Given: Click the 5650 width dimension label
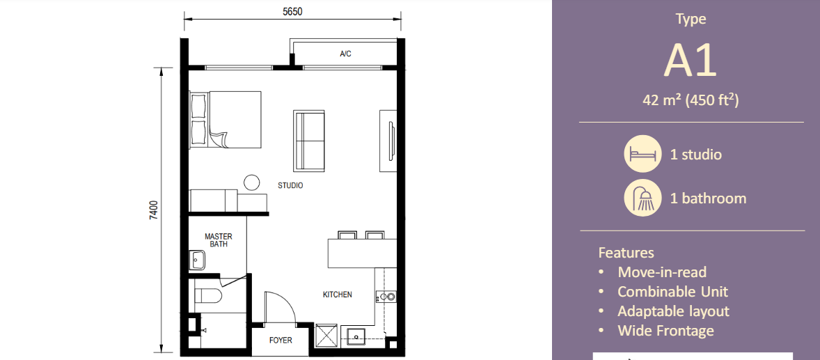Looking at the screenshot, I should point(292,11).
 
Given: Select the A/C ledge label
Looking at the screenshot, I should point(345,54).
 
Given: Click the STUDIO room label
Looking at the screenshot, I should point(290,186).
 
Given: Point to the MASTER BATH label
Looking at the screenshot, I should point(219,240).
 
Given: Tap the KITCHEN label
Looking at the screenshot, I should point(337,295).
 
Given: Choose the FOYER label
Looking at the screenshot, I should point(281,341).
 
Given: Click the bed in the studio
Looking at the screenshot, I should point(225,119).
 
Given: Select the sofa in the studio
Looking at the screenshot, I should point(309,140).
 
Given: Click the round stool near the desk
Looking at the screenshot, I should point(251,182).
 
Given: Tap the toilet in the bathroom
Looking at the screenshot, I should point(206,297).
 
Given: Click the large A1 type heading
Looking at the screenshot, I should point(690,61).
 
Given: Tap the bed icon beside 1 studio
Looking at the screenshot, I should point(641,154).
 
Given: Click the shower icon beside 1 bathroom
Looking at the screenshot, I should point(641,198).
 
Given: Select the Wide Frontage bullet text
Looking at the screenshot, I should point(665,331).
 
